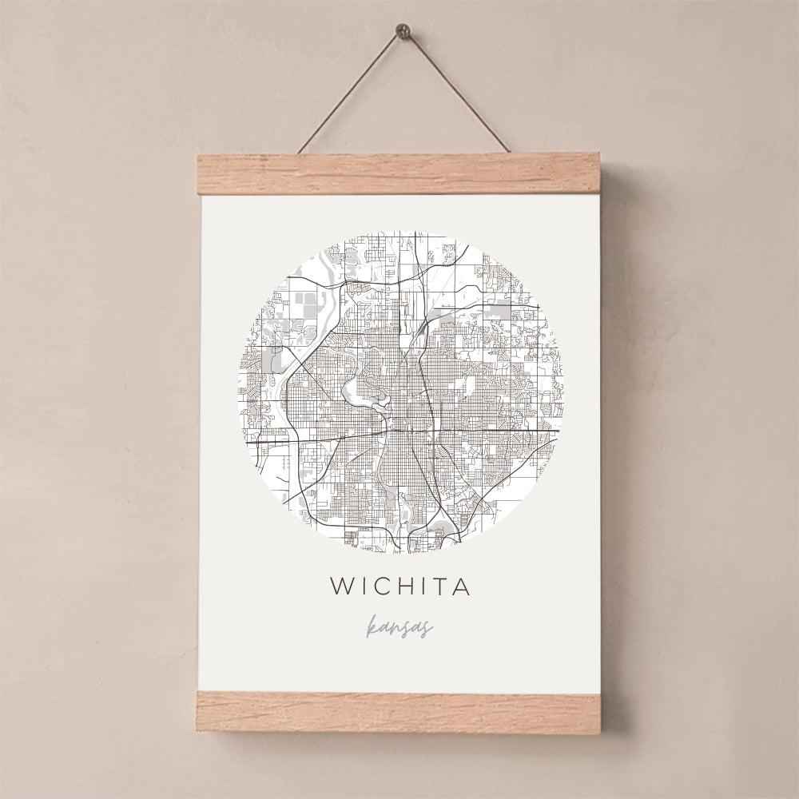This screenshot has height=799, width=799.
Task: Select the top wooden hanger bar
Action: coord(399,174)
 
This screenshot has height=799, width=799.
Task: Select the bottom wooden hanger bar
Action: coord(399,713)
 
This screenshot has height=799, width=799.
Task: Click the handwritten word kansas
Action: coord(399,627)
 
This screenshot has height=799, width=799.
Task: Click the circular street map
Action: coord(399,392)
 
